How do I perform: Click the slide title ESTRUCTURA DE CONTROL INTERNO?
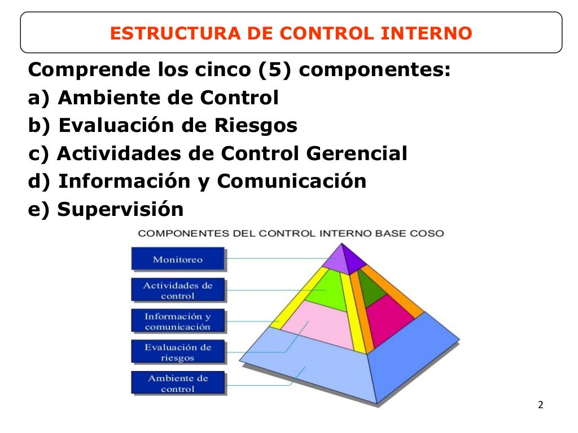pyautogui.click(x=291, y=33)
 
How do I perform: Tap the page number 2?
pyautogui.click(x=540, y=405)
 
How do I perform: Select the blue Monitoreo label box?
pyautogui.click(x=178, y=259)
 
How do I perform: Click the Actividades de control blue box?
pyautogui.click(x=178, y=290)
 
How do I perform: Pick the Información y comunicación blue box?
pyautogui.click(x=178, y=321)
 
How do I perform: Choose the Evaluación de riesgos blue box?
pyautogui.click(x=178, y=352)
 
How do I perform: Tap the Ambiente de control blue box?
pyautogui.click(x=178, y=383)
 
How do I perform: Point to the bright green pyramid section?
pyautogui.click(x=326, y=290)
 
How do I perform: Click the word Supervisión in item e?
pyautogui.click(x=121, y=209)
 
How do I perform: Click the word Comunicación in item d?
pyautogui.click(x=292, y=182)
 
